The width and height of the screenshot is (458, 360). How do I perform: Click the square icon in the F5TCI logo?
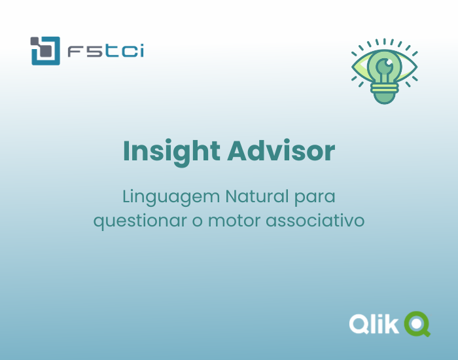44,50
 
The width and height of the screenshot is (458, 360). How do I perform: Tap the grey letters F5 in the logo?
83,51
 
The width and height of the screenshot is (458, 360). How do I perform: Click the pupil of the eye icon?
385,66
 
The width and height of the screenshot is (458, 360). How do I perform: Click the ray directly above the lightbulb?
385,41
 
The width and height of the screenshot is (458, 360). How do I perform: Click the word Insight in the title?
171,152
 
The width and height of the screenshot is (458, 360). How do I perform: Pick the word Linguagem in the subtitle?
171,197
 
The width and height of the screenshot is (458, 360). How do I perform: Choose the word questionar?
140,221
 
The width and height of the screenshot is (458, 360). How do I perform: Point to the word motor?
234,221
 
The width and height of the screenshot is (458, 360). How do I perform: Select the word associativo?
315,221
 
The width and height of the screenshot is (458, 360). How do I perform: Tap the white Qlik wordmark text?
373,323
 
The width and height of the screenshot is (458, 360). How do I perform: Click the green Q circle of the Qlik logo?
416,323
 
